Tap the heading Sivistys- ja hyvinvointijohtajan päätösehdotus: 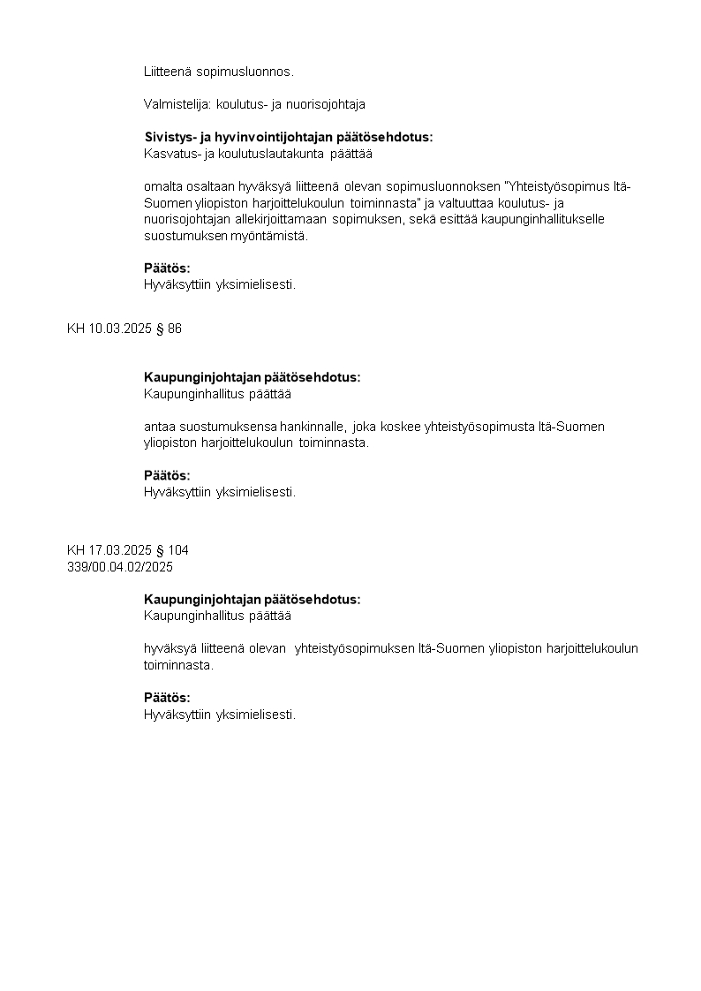coord(288,137)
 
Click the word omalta coord(162,186)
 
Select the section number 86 coord(175,329)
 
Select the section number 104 coord(178,549)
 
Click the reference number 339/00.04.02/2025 coord(120,566)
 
